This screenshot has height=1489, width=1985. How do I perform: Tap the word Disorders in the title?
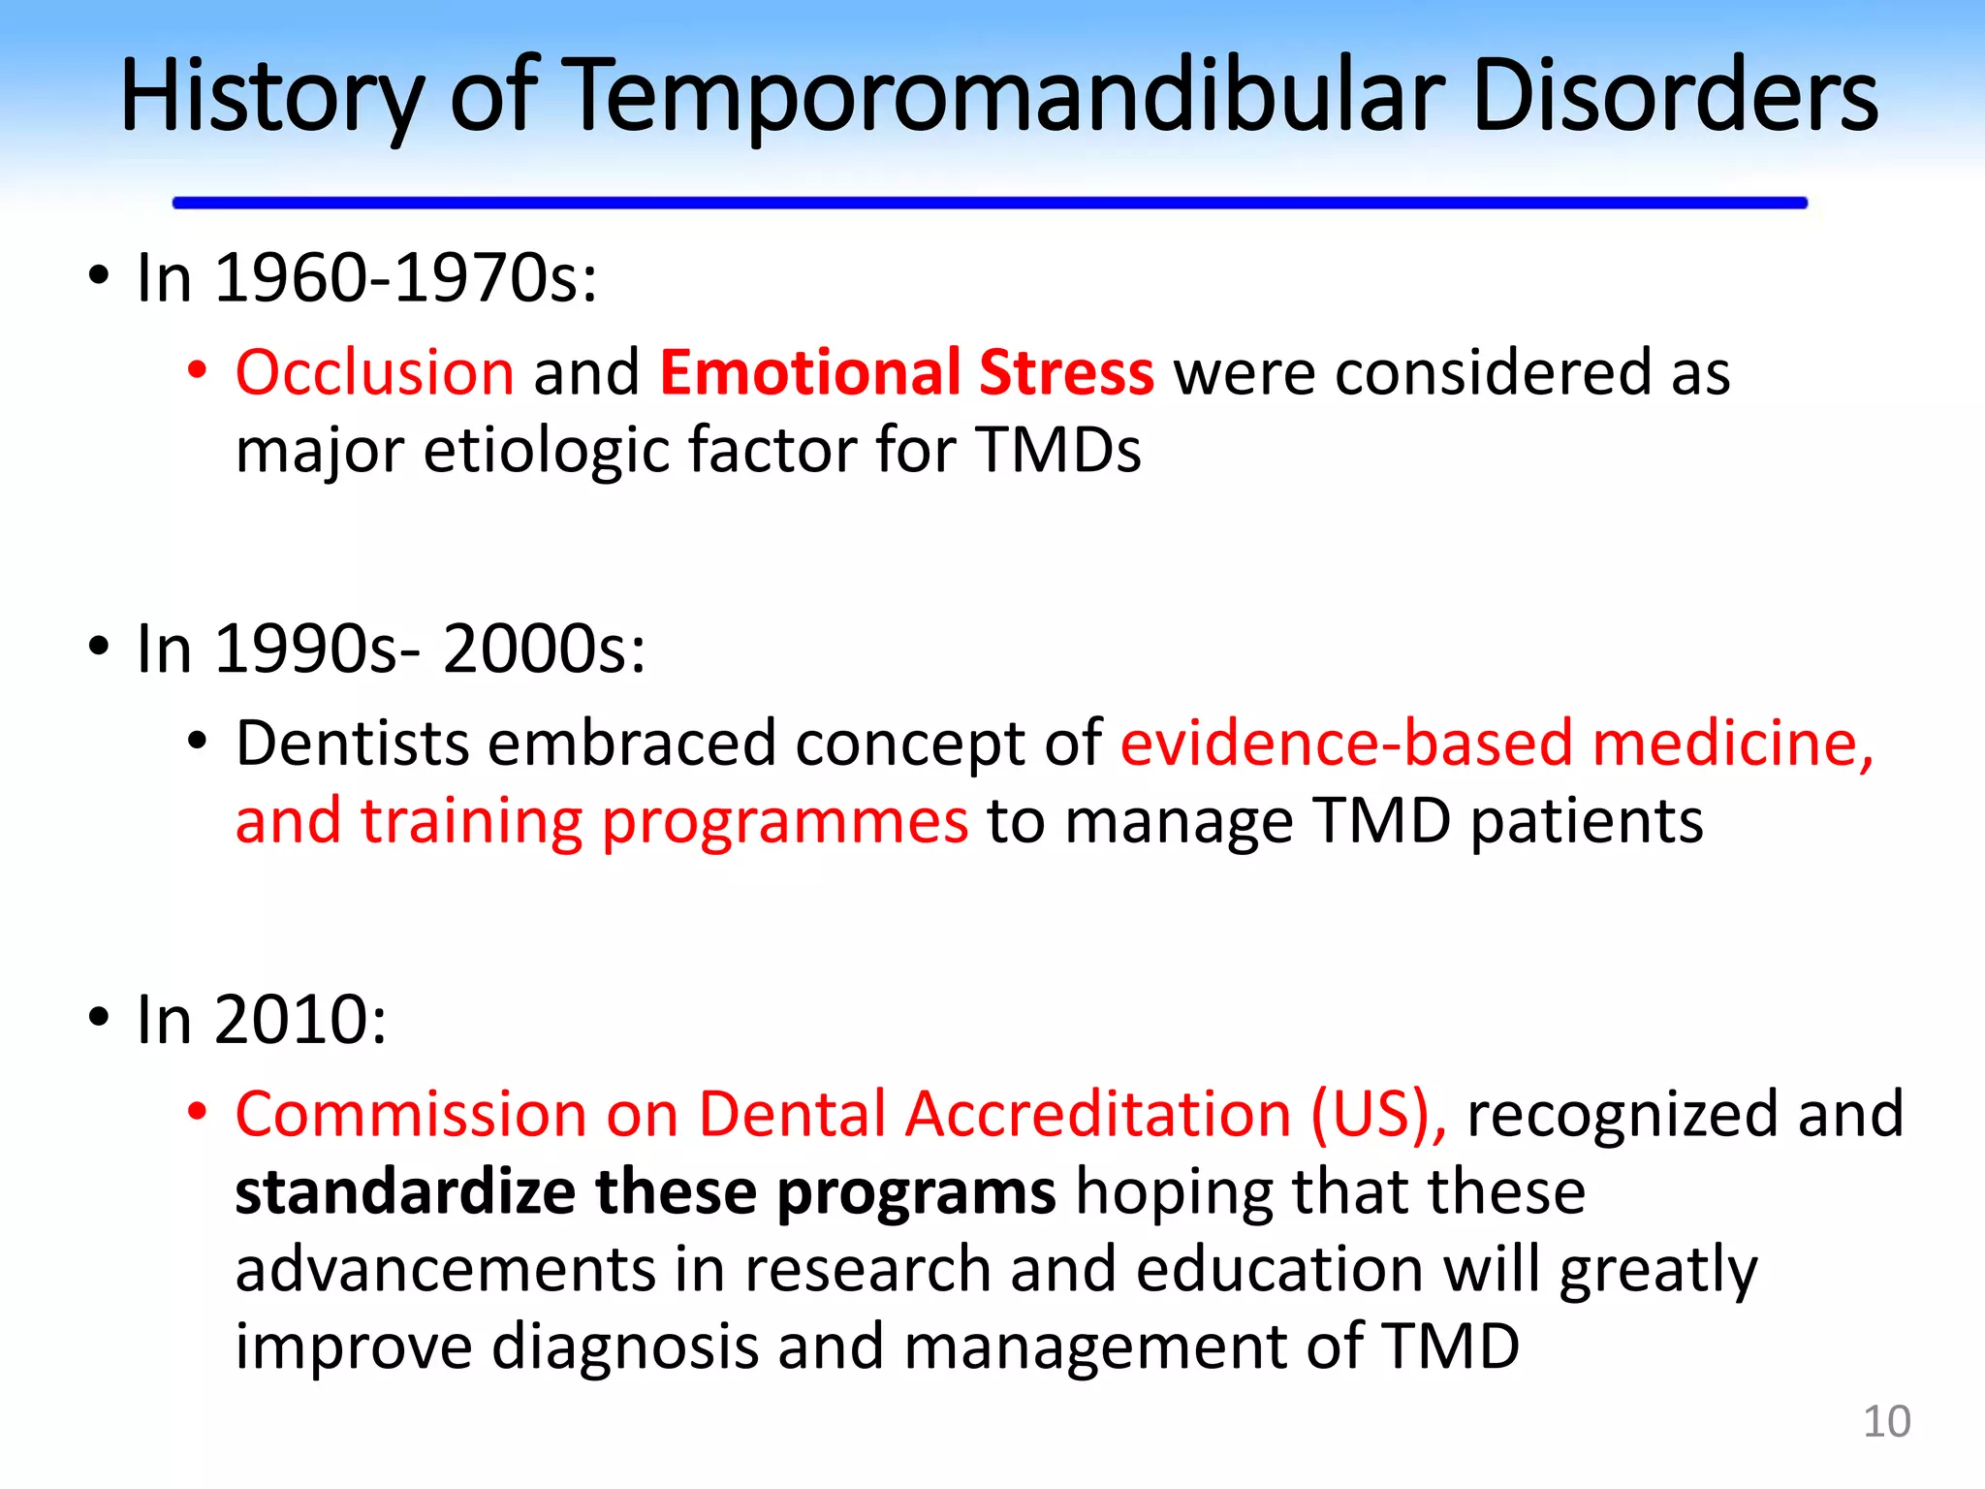coord(1674,96)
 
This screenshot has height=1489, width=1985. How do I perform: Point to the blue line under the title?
coord(989,203)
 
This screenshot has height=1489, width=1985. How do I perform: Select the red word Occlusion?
coord(374,373)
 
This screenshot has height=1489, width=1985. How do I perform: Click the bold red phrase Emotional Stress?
coord(906,372)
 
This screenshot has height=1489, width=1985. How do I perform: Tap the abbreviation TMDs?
coord(1058,451)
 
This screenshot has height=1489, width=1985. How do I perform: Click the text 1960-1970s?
coord(405,279)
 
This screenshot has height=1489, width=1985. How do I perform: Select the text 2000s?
coord(544,649)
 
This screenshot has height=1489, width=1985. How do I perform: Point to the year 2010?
coord(299,1021)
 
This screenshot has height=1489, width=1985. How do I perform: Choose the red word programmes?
coord(784,823)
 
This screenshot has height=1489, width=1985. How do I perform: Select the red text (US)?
coord(1378,1114)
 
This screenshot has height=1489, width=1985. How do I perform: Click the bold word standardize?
coord(405,1192)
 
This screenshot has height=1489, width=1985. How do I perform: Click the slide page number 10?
coord(1885,1422)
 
